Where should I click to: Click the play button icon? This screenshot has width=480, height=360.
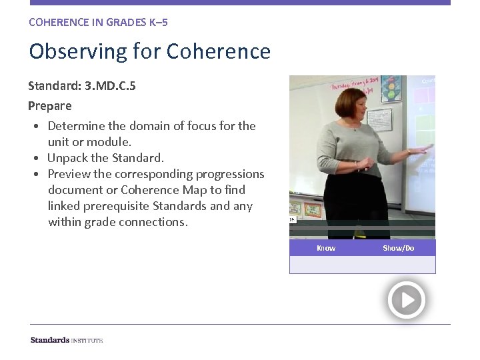[x=406, y=300]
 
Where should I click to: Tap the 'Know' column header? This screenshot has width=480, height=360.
[x=326, y=248]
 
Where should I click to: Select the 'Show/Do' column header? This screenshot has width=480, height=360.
[x=398, y=248]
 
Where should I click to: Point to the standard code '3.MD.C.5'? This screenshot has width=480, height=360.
[x=110, y=86]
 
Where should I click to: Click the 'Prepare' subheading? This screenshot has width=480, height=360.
[x=50, y=105]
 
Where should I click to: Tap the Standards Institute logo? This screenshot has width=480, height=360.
[x=67, y=340]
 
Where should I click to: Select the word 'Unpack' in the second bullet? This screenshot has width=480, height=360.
[x=72, y=158]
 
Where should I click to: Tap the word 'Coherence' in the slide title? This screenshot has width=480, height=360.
[x=219, y=51]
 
